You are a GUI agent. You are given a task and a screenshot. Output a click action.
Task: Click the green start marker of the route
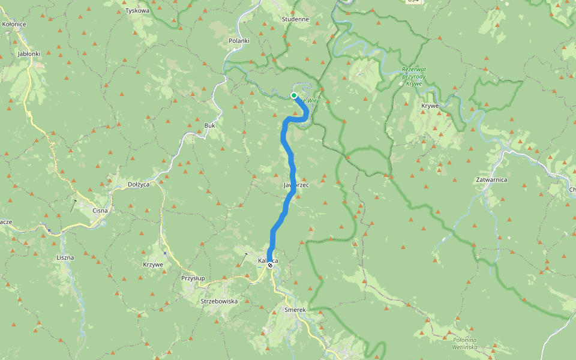(x=294, y=95)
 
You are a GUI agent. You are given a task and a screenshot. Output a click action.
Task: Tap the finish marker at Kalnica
(x=270, y=265)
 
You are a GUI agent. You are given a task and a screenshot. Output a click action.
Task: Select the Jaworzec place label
(x=295, y=185)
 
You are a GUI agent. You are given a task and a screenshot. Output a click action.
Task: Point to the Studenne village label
(x=295, y=19)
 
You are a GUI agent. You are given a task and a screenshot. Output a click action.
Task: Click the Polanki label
(x=239, y=41)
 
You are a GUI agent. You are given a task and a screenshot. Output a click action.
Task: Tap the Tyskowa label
(x=137, y=11)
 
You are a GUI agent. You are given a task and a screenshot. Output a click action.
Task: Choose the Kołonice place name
(x=14, y=24)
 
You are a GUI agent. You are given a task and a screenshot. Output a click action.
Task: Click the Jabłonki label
(x=29, y=53)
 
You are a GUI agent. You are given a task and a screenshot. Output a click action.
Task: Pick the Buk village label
(x=209, y=125)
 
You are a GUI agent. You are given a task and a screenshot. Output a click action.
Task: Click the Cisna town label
(x=100, y=211)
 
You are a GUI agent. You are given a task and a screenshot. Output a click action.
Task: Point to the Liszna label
(x=65, y=257)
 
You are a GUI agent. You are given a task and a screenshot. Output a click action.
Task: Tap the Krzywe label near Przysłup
(x=153, y=265)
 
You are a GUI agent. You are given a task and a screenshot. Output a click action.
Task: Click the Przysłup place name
(x=193, y=278)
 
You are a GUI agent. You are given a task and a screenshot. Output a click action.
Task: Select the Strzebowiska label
(x=219, y=301)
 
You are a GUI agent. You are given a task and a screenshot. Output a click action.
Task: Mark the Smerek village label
(x=295, y=310)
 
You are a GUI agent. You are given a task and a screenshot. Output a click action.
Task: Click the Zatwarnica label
(x=491, y=179)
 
